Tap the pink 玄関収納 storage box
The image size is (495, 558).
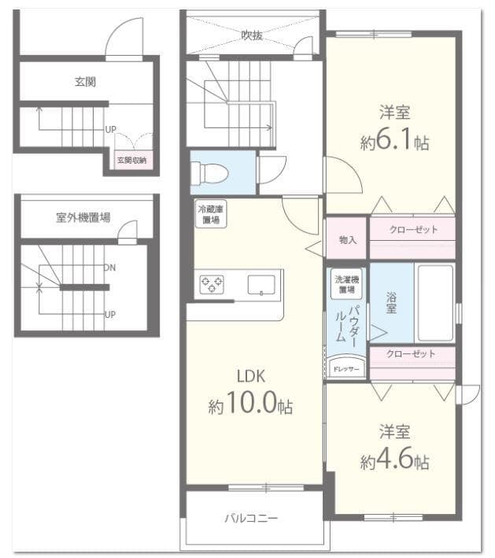132,160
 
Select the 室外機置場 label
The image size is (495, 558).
83,217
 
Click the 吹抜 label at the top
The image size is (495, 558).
252,35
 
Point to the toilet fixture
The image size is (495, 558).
208,172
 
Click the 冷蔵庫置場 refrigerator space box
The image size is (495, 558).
211,214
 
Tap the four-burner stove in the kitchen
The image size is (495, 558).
211,284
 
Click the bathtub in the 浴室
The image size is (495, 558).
434,302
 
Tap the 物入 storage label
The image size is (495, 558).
347,240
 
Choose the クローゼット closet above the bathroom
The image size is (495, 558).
412,230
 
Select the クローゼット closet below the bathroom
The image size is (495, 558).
411,354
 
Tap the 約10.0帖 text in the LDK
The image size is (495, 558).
251,405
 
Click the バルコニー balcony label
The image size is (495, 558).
251,519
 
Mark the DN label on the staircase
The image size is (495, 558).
110,268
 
